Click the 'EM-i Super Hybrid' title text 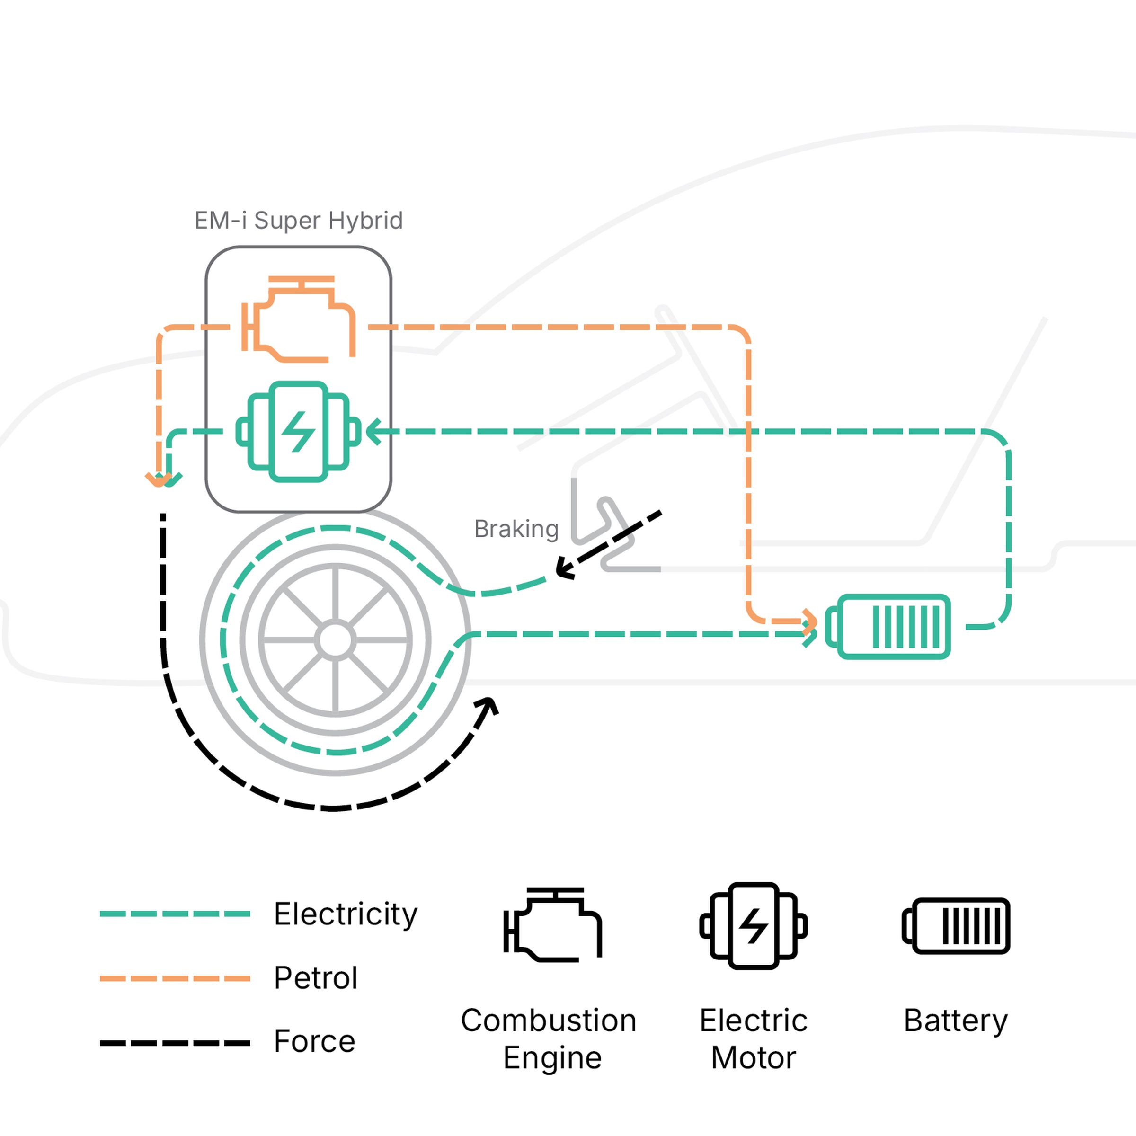(x=299, y=221)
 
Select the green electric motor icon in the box (x=299, y=432)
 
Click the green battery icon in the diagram (x=888, y=627)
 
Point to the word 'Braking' (x=516, y=529)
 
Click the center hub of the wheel (x=335, y=640)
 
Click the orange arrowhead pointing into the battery (x=810, y=621)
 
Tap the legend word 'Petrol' (x=316, y=978)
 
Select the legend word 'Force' (x=315, y=1041)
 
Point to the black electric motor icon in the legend (x=753, y=925)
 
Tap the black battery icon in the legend (x=956, y=925)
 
